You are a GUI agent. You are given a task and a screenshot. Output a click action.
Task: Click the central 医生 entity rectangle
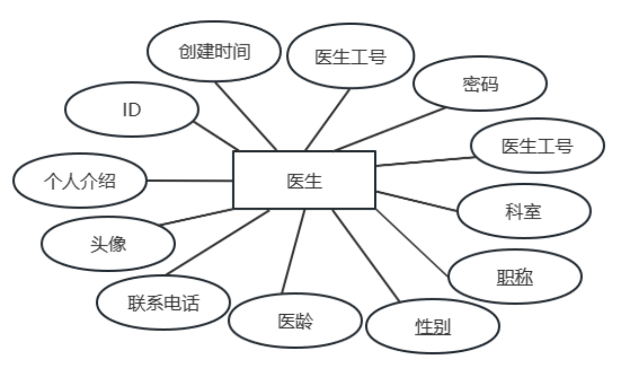(x=304, y=180)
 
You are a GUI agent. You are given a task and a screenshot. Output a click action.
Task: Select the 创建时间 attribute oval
(x=214, y=52)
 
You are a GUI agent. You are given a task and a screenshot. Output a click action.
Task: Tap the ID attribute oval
(x=132, y=110)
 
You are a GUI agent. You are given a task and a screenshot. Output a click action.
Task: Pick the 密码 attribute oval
(x=480, y=84)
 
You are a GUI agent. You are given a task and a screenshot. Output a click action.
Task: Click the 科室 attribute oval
(x=524, y=211)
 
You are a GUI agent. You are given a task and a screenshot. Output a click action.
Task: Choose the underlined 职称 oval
(x=514, y=276)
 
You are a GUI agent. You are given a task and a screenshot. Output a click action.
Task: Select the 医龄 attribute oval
(x=295, y=320)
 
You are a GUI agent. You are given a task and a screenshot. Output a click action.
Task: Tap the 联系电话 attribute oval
(x=163, y=303)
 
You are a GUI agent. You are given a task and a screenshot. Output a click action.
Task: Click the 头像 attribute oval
(x=108, y=244)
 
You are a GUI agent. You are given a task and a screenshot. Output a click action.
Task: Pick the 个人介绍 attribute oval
(x=79, y=181)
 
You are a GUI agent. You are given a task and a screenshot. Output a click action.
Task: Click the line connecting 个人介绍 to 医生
(x=189, y=181)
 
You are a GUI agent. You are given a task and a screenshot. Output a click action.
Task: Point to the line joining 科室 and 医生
(x=416, y=202)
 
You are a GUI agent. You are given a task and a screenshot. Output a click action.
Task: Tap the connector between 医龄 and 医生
(x=293, y=251)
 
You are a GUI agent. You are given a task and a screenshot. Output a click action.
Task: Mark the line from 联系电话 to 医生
(x=217, y=242)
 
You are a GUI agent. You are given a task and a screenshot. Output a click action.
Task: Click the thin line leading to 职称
(x=412, y=242)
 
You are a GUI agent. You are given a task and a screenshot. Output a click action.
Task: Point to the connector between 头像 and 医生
(x=197, y=217)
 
